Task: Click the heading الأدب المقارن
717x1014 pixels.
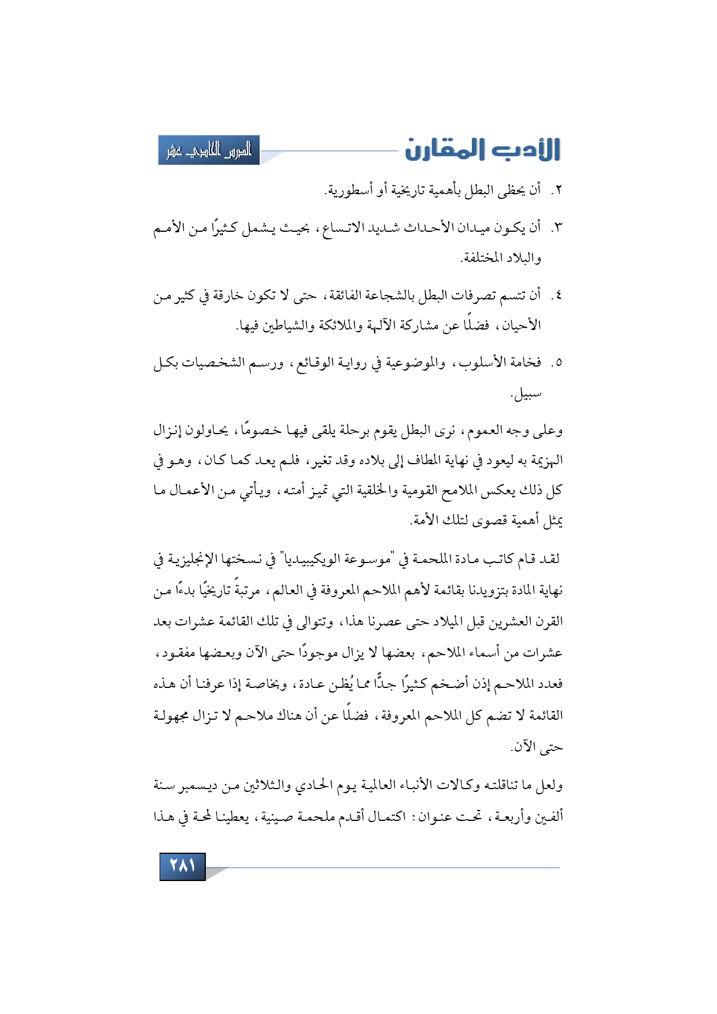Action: click(x=482, y=150)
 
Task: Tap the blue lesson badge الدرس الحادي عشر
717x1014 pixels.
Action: click(x=209, y=150)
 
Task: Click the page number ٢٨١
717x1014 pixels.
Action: click(x=182, y=866)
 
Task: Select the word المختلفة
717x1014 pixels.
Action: click(x=482, y=258)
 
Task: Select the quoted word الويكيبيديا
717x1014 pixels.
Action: click(x=307, y=560)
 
